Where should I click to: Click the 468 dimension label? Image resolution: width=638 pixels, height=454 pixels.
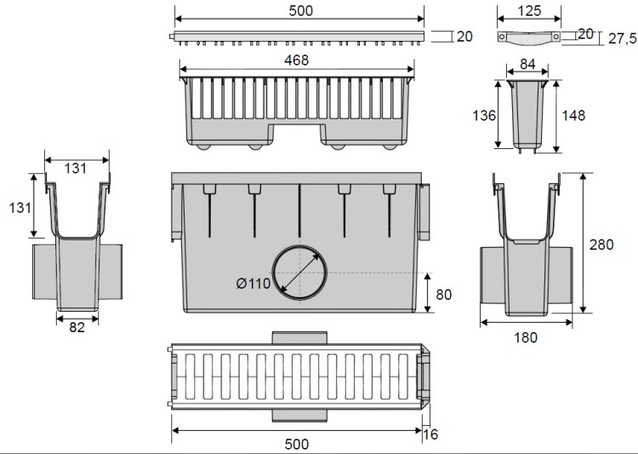296,60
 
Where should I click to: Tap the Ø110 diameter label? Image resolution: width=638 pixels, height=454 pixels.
253,283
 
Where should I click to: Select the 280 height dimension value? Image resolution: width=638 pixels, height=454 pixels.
601,244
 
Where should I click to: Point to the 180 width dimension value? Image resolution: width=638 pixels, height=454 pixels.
526,337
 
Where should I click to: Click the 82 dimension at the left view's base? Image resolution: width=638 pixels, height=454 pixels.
77,327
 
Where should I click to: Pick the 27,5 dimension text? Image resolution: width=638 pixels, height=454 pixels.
622,38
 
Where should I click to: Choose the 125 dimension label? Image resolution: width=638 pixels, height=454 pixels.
529,11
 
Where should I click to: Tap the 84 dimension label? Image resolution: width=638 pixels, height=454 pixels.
527,64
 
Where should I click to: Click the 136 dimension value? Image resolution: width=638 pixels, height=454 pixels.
484,116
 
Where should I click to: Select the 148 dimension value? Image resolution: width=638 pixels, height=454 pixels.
573,116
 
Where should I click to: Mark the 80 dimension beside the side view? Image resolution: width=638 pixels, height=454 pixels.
443,295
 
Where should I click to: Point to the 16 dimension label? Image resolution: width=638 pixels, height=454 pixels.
430,434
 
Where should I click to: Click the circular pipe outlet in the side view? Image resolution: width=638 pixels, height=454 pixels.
299,273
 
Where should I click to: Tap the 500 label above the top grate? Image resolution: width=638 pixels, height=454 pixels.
300,11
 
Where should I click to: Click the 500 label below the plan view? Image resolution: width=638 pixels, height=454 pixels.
297,445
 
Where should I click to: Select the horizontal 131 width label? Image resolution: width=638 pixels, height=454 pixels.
75,169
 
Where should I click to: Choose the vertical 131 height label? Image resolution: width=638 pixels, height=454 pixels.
20,208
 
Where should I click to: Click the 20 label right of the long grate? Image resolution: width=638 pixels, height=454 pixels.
464,37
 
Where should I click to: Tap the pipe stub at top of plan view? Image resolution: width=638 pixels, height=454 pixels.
299,338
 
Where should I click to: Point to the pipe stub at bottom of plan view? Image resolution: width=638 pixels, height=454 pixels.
299,416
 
